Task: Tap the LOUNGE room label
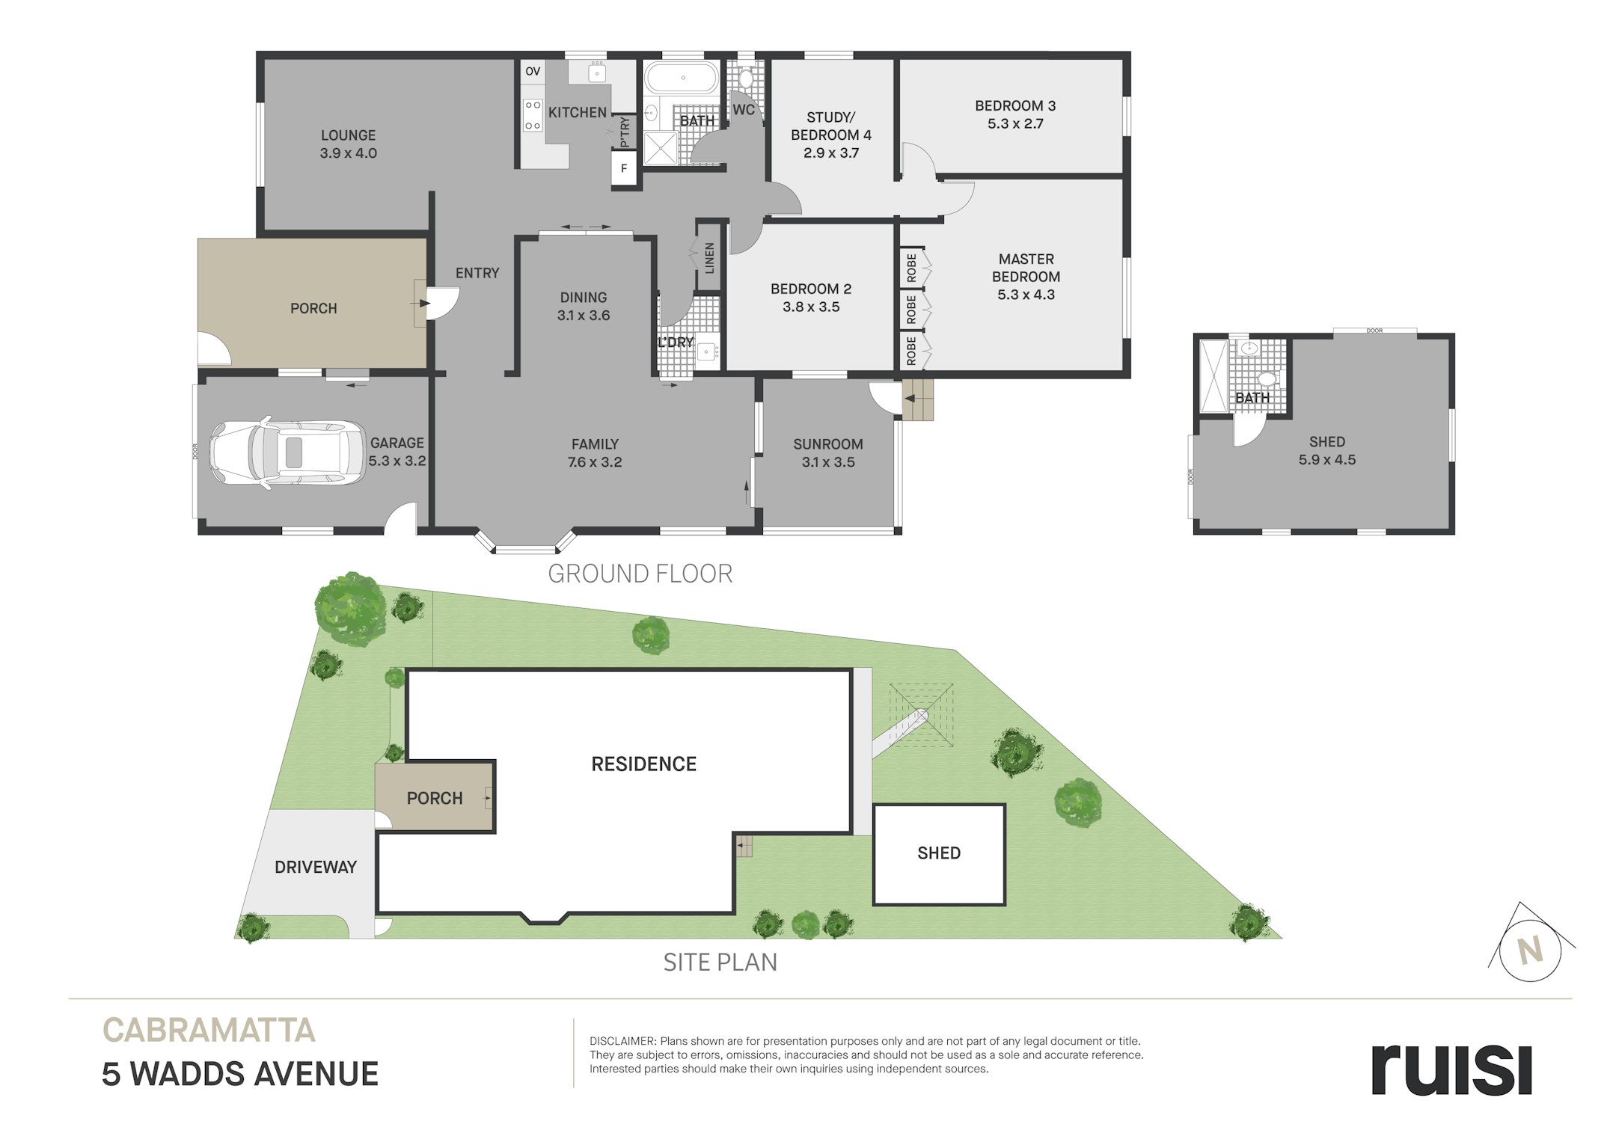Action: click(x=348, y=135)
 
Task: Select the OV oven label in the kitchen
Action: click(x=533, y=72)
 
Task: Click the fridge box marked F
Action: click(x=624, y=169)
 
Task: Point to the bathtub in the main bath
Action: click(x=682, y=78)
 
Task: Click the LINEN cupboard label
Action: click(x=709, y=258)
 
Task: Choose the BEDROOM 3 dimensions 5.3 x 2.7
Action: click(x=1015, y=124)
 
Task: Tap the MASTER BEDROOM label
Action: click(x=1026, y=268)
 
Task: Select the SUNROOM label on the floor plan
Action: click(x=828, y=444)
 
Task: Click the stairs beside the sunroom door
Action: click(x=919, y=400)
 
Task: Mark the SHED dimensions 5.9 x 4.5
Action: click(x=1327, y=460)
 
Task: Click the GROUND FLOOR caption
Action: click(x=640, y=574)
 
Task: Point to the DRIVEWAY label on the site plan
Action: click(x=316, y=867)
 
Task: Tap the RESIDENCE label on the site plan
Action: click(x=643, y=764)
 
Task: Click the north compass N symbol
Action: click(x=1531, y=950)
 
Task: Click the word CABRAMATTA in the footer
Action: click(x=209, y=1031)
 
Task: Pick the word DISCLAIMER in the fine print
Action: click(x=622, y=1041)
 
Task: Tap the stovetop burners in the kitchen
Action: click(x=533, y=116)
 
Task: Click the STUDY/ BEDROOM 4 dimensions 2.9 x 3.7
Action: click(x=831, y=153)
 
